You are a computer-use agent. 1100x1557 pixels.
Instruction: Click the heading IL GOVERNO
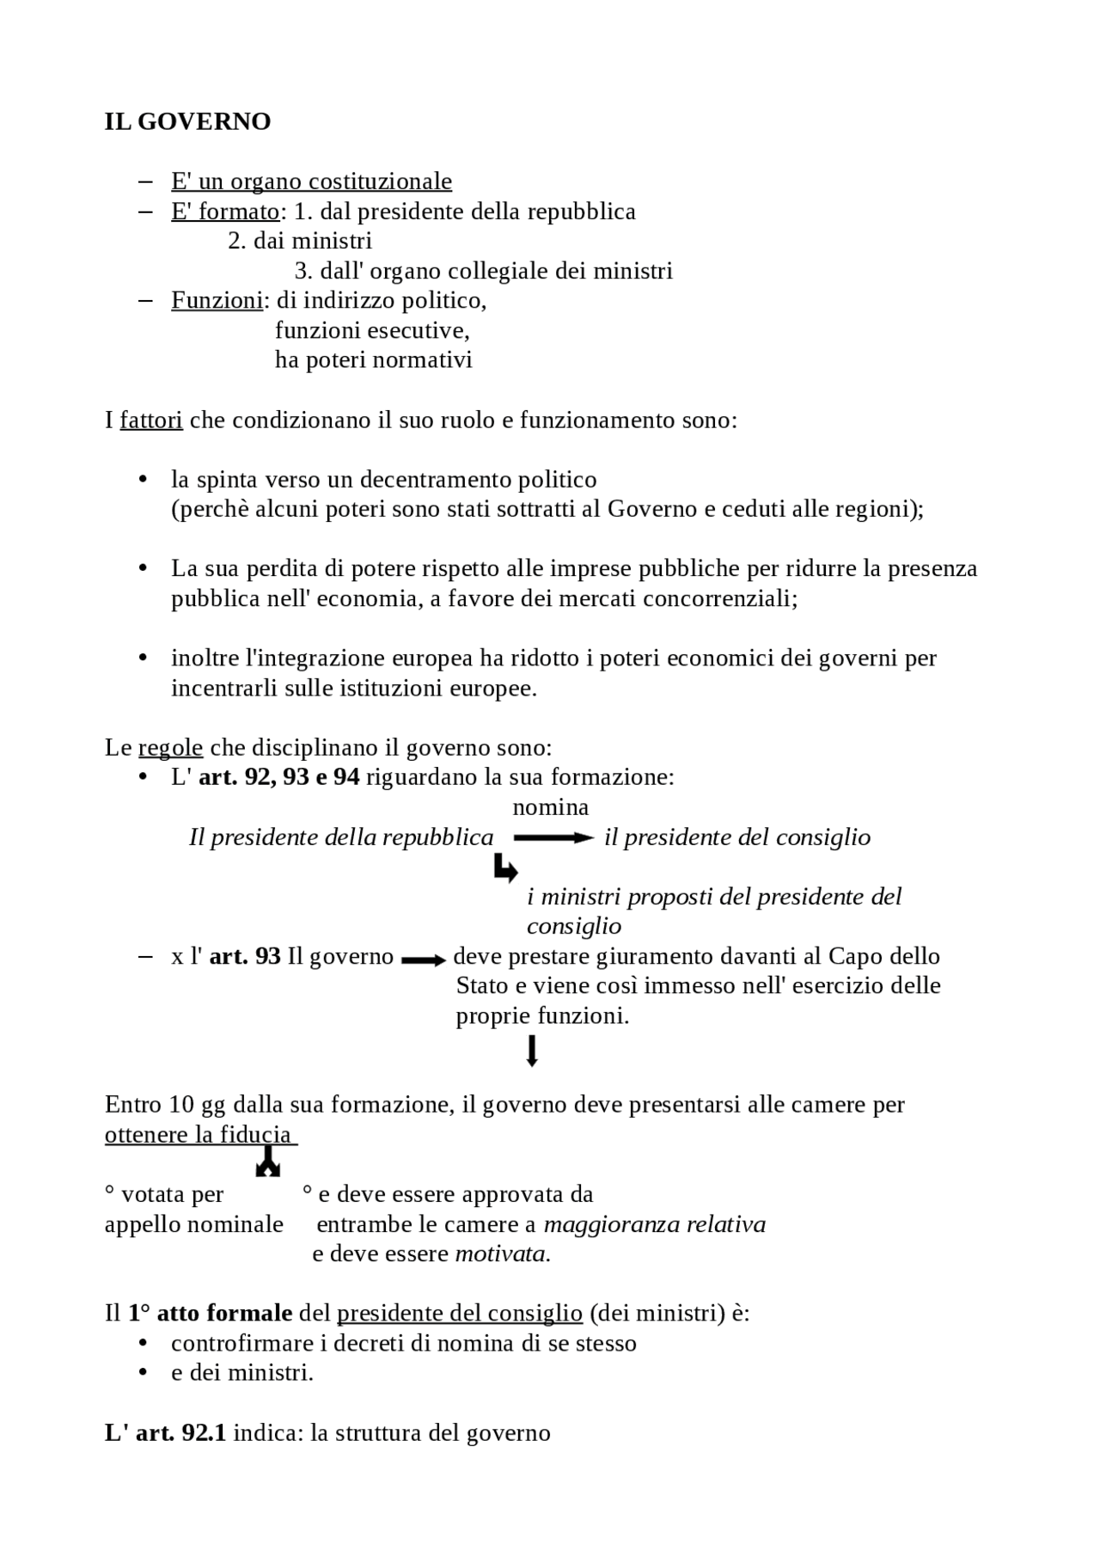187,122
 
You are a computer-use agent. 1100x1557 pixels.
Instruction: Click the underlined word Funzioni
217,300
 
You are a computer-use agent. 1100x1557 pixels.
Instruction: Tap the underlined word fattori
151,420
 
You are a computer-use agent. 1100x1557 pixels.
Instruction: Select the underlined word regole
170,747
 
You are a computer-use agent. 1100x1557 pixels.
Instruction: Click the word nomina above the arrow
550,807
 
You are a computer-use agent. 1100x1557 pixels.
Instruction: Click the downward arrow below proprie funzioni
532,1051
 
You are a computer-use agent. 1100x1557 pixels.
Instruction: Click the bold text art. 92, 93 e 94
278,777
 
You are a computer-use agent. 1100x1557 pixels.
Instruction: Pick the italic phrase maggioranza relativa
654,1224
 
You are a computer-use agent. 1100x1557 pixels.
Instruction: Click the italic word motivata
502,1254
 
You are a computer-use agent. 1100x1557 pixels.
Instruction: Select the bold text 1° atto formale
210,1314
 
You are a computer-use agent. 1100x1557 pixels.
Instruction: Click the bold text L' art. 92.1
165,1433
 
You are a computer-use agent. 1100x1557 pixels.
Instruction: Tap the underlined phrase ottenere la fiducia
199,1135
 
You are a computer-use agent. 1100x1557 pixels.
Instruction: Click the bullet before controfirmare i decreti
144,1344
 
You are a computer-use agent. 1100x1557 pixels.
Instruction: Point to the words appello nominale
193,1224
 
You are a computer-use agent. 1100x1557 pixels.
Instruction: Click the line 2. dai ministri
300,241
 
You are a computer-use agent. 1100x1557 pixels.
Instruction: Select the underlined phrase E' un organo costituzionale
311,181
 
